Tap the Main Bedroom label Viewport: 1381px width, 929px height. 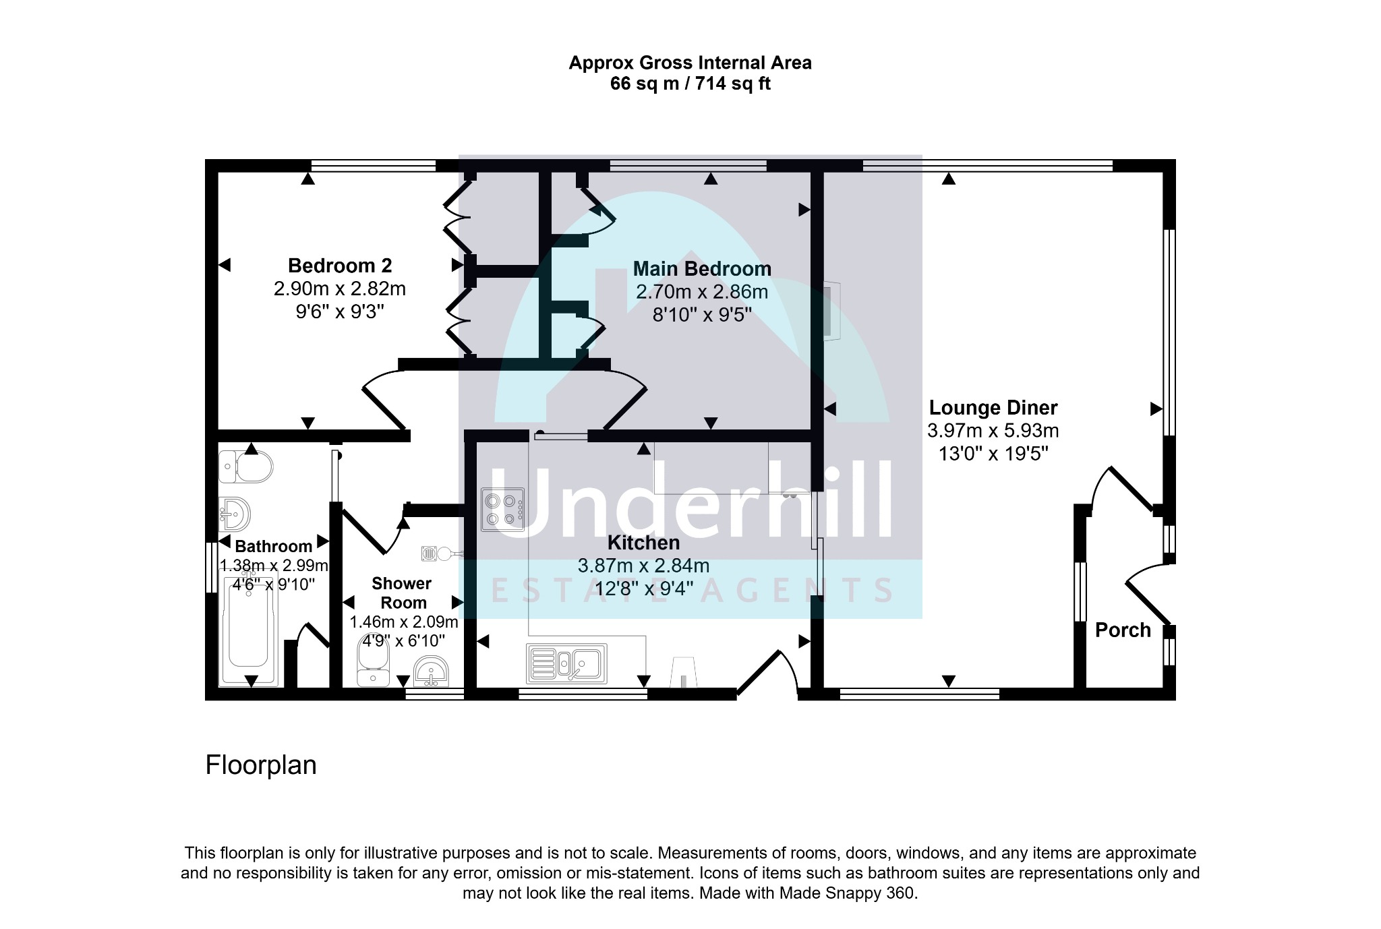(702, 268)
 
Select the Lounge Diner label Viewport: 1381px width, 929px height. (993, 407)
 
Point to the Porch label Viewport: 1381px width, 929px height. (1123, 630)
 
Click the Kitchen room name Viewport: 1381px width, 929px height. (643, 542)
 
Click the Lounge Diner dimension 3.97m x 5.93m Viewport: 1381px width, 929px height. (993, 430)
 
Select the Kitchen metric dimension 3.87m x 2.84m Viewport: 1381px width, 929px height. (643, 566)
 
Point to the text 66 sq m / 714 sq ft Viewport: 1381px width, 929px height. (690, 84)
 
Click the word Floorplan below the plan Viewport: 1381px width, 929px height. (261, 765)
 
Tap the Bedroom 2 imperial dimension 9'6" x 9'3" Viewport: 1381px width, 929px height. (340, 311)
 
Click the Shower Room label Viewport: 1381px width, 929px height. (402, 593)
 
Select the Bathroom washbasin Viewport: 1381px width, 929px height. (234, 514)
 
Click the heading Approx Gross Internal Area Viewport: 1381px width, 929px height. (690, 63)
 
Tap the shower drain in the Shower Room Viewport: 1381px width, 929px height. (429, 553)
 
